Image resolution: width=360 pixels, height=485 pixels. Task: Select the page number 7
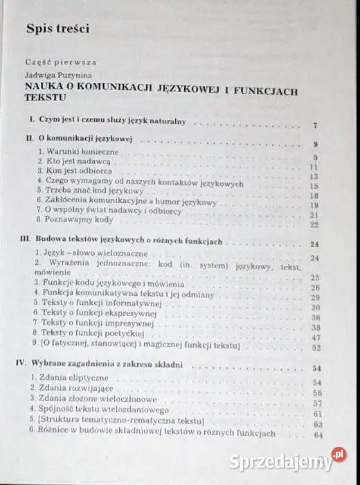point(314,125)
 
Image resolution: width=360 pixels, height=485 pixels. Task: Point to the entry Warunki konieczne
point(69,150)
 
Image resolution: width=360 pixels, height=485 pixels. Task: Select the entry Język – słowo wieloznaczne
point(87,254)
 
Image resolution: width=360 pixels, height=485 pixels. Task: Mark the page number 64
point(318,435)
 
